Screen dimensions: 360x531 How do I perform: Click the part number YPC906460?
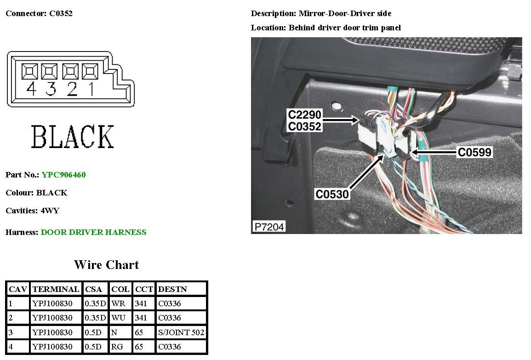tap(63, 175)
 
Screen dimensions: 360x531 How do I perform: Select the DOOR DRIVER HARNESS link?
tap(93, 232)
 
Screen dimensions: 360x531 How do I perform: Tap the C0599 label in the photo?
tap(474, 152)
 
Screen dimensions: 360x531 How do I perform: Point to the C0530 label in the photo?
tap(332, 194)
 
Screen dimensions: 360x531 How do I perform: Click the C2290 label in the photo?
tap(304, 115)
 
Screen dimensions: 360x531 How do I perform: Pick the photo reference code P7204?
tap(269, 226)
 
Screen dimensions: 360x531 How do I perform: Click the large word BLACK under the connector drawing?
tap(72, 137)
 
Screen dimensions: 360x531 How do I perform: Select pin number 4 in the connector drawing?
tap(31, 89)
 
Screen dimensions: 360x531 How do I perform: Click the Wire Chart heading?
tap(106, 265)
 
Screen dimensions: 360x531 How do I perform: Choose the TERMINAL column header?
tap(56, 289)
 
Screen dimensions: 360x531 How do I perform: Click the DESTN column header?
tap(169, 289)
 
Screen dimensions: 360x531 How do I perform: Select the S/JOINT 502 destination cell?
tap(181, 332)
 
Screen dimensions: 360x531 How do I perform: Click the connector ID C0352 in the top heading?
tap(61, 13)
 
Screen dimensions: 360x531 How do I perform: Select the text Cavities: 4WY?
tap(32, 211)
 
